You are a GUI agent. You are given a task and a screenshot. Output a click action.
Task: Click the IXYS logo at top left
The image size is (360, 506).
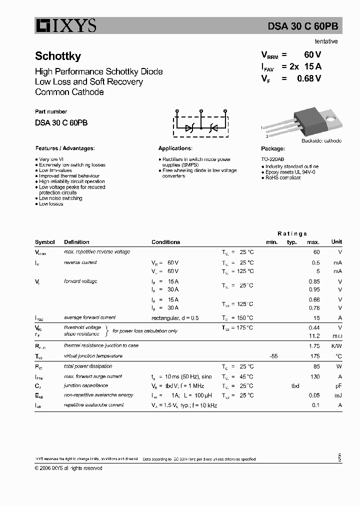(65, 25)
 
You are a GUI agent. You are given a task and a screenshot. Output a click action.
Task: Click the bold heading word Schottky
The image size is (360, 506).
(58, 56)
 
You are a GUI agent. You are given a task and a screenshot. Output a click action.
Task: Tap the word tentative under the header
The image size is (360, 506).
(326, 41)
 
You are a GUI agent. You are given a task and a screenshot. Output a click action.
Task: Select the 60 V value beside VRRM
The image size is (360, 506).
(312, 55)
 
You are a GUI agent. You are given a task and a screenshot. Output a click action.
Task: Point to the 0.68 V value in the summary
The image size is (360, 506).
(309, 78)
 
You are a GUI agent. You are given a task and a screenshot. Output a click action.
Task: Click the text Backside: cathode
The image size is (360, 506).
(321, 140)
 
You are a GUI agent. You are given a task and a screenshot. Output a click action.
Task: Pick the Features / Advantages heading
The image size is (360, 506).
(65, 148)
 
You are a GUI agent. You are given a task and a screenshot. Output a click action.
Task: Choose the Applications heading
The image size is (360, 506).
(175, 148)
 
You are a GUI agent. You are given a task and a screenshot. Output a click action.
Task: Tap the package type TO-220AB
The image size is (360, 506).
(272, 158)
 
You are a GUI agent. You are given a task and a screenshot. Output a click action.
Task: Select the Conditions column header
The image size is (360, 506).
(165, 242)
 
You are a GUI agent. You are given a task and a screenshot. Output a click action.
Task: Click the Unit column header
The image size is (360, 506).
(336, 242)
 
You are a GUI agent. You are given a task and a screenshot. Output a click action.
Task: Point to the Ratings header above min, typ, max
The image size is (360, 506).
(292, 233)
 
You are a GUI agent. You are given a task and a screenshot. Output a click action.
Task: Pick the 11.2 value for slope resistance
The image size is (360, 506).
(314, 336)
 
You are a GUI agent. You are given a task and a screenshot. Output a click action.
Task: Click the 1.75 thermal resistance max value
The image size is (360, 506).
(314, 345)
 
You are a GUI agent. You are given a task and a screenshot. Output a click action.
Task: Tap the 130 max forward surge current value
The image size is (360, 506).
(314, 376)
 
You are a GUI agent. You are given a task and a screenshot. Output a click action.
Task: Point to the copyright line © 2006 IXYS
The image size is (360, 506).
(68, 468)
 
